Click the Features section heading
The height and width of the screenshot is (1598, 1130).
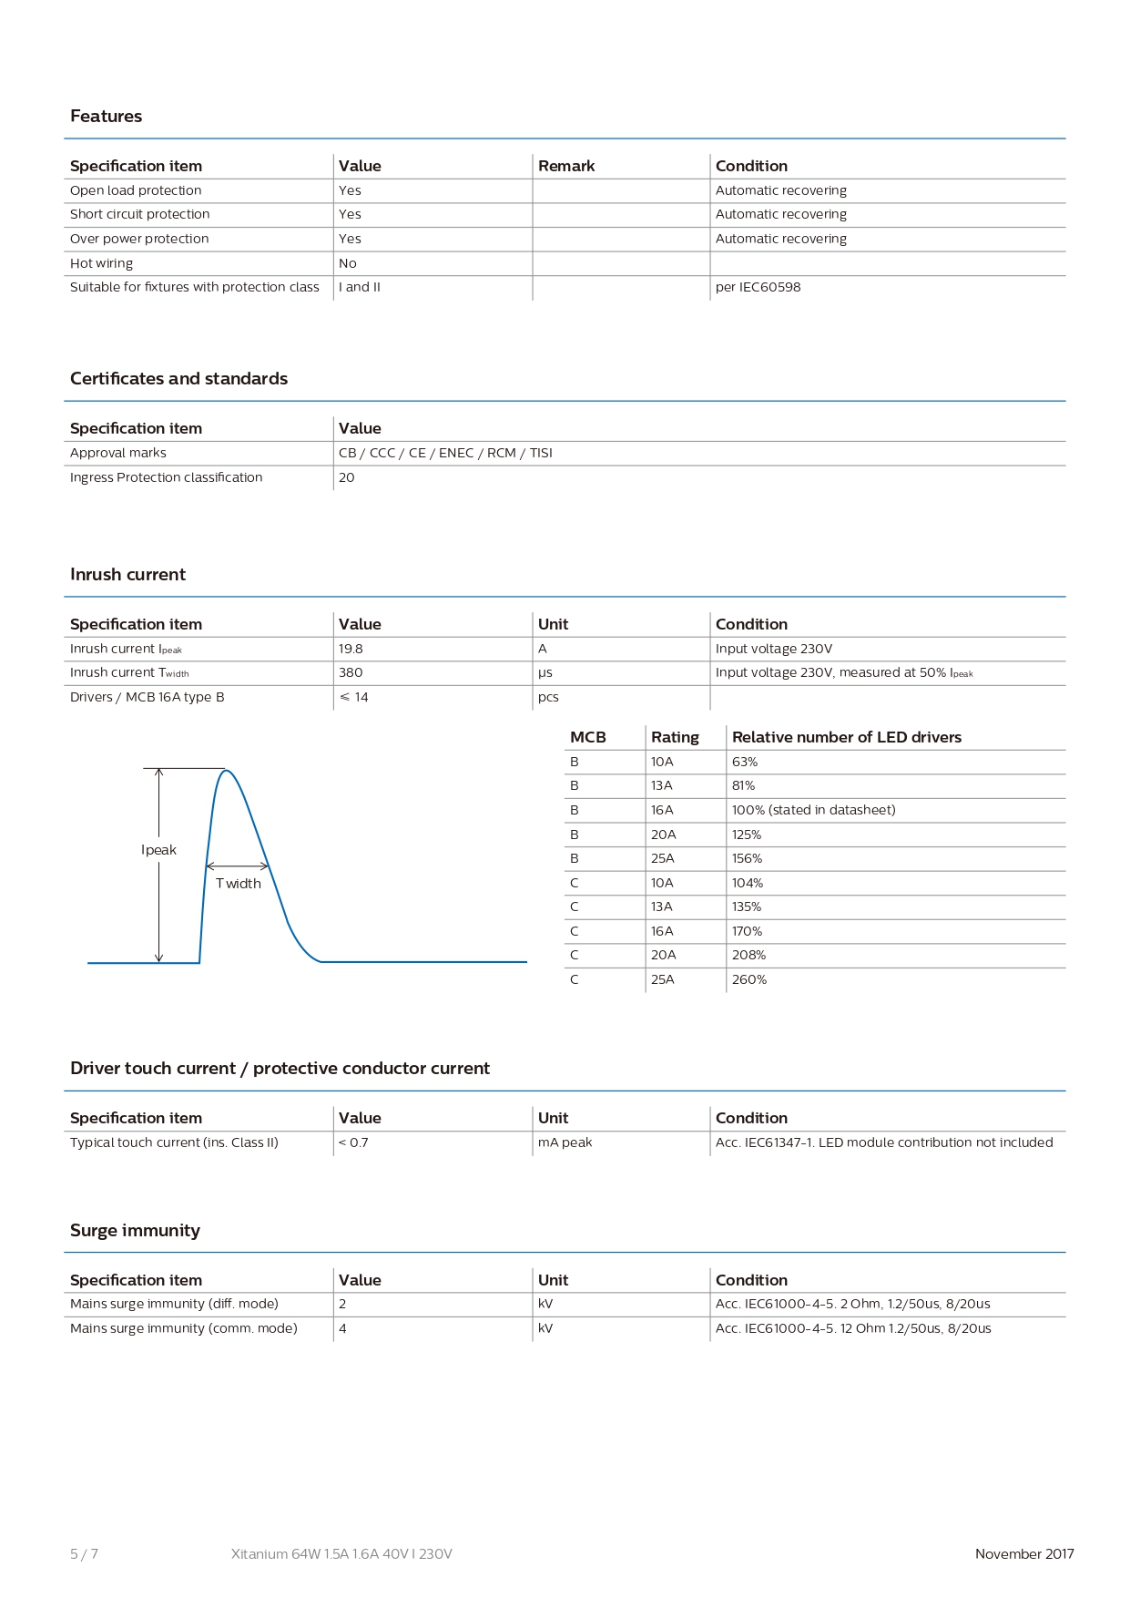point(106,117)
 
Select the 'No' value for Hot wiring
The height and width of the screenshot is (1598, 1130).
point(348,263)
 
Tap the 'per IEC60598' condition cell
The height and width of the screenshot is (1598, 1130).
point(758,287)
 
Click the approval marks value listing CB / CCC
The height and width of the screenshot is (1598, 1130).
point(445,453)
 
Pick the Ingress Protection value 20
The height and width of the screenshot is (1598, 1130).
point(347,477)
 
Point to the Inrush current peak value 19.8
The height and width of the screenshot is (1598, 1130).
point(351,649)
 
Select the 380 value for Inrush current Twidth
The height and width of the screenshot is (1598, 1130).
point(351,672)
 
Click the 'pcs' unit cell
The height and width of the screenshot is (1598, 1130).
point(548,697)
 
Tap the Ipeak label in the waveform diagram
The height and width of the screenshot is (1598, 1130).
point(158,850)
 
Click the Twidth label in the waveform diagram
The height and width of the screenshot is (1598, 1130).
point(239,884)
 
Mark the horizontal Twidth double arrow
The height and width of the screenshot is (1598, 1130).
point(238,866)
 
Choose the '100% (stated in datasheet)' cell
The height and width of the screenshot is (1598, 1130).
point(813,810)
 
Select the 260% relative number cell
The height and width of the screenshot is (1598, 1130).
point(749,979)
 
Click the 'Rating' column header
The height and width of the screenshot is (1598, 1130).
point(675,737)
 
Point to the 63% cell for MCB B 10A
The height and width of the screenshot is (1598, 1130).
point(745,762)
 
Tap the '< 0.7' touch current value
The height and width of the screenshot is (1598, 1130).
point(353,1142)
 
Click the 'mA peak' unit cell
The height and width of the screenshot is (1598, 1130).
point(565,1142)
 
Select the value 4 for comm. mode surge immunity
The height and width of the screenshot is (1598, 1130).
point(342,1328)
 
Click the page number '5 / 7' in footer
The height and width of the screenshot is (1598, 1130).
point(84,1554)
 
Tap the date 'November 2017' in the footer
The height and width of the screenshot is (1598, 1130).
point(1024,1554)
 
